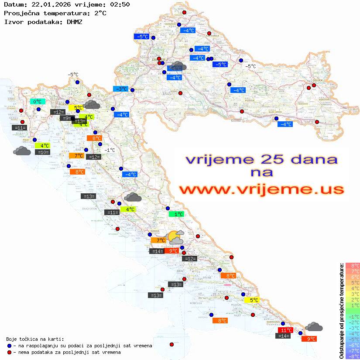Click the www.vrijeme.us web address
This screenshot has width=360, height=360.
point(261,189)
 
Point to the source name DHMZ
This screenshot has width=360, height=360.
point(75,21)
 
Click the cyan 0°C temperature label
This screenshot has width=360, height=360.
point(37,102)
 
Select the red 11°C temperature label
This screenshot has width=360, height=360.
point(286,330)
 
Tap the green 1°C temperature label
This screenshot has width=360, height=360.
point(178,214)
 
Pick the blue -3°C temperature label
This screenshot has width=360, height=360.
point(120,89)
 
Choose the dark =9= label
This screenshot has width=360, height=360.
point(65,118)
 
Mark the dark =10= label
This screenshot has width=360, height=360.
point(42,152)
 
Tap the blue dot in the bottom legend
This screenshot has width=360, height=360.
point(10,346)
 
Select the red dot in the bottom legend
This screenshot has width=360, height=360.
point(10,352)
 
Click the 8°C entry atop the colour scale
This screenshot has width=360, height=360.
point(353,265)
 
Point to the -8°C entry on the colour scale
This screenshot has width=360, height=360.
point(353,356)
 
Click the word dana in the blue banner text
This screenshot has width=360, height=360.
point(312,159)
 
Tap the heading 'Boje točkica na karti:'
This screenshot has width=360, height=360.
point(35,339)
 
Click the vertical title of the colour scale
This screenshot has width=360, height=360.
point(341,310)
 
